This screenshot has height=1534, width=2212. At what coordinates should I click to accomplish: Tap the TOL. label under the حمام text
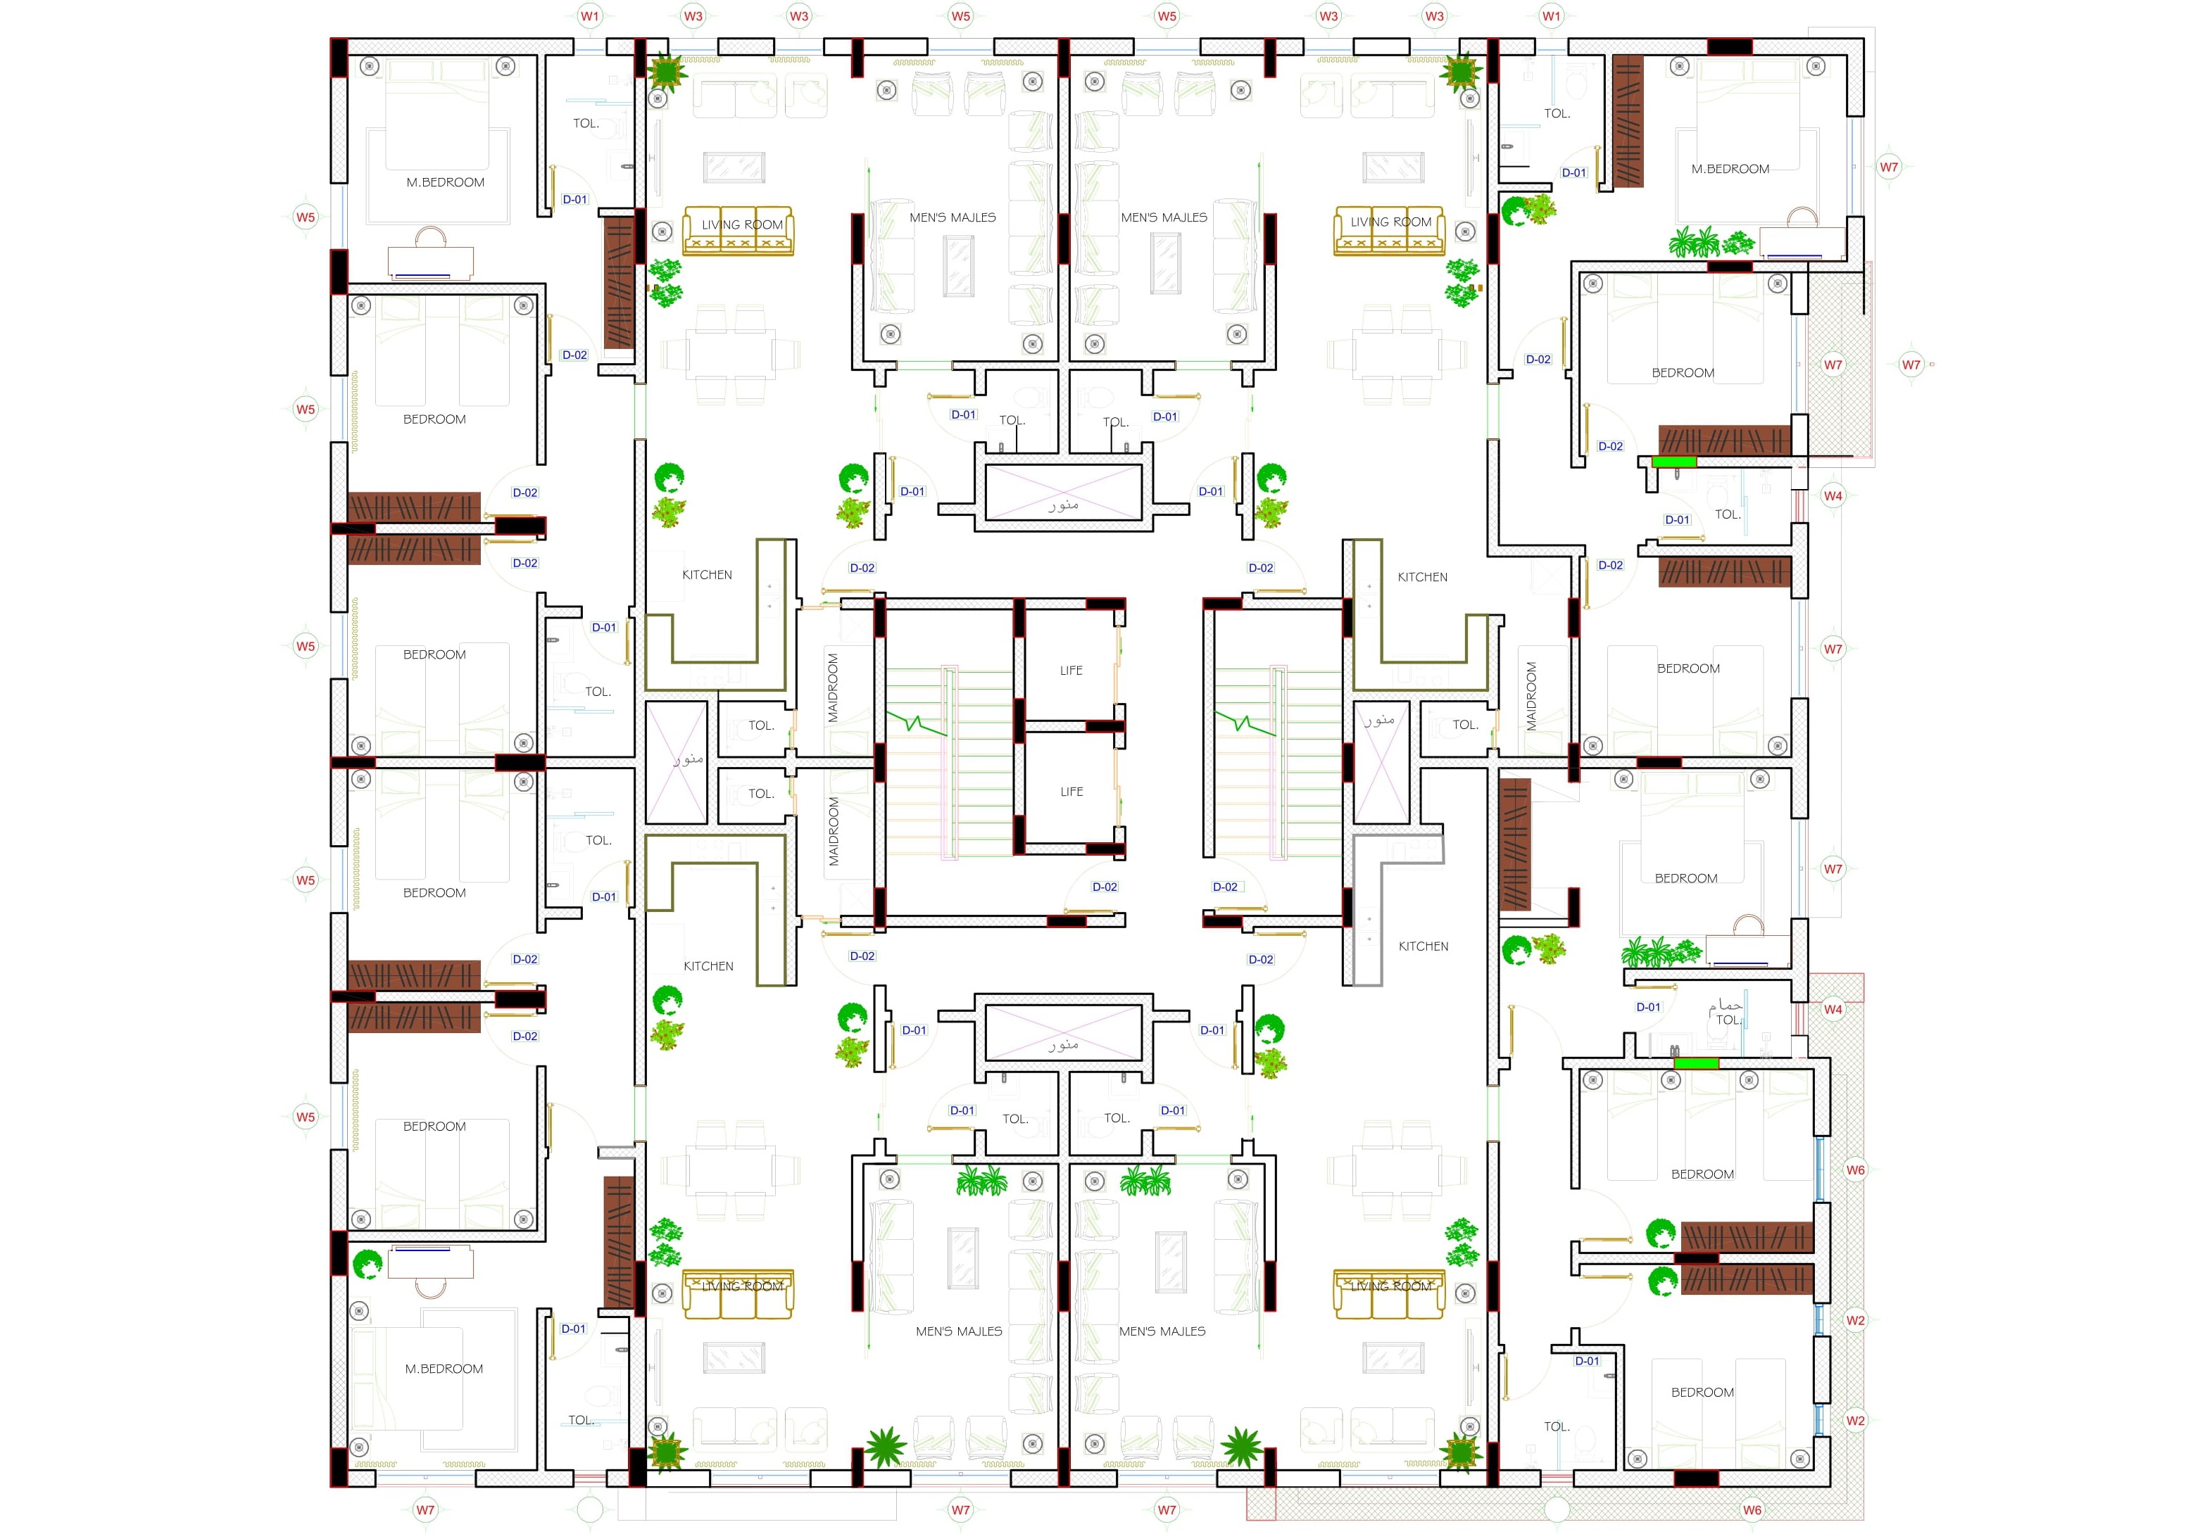[1728, 1020]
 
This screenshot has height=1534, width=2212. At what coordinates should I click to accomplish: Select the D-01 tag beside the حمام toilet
[1647, 1007]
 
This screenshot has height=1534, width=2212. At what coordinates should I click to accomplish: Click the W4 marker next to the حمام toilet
[1833, 1009]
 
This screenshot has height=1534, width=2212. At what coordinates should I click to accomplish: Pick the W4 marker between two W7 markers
[1833, 496]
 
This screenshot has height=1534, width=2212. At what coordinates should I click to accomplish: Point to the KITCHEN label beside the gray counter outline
[1423, 946]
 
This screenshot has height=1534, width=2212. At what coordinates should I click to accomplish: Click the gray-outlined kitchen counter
[1393, 909]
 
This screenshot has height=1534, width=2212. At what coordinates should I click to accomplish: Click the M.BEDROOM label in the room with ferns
[1730, 169]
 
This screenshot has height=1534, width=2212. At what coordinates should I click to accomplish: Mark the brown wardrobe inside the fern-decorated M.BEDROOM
[1628, 121]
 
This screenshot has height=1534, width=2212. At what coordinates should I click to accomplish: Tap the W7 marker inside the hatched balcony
[1833, 365]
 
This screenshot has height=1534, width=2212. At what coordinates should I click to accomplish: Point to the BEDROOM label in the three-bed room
[1702, 1174]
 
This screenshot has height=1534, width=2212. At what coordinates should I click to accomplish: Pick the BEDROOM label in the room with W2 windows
[1702, 1393]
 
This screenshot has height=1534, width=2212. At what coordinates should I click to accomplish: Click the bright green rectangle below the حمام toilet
[1696, 1063]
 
